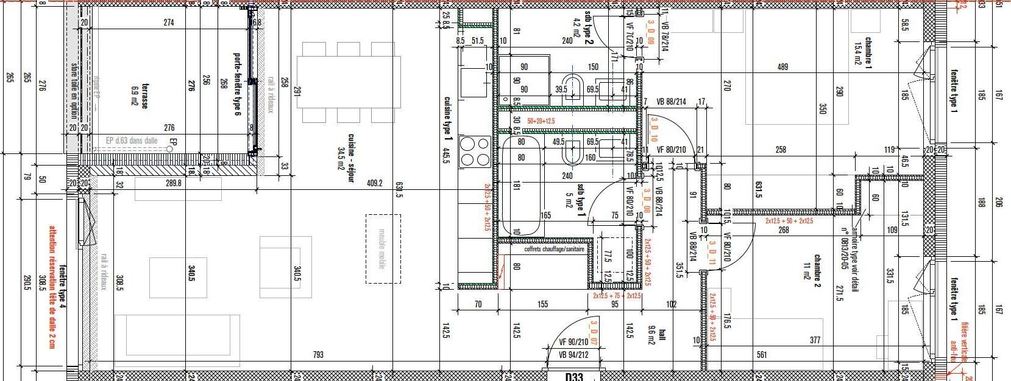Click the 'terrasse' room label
[145, 96]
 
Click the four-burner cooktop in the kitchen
[474, 151]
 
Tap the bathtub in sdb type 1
[521, 185]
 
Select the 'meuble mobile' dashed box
[383, 248]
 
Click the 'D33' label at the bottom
[574, 376]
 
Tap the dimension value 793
[317, 354]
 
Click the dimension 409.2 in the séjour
[374, 183]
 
